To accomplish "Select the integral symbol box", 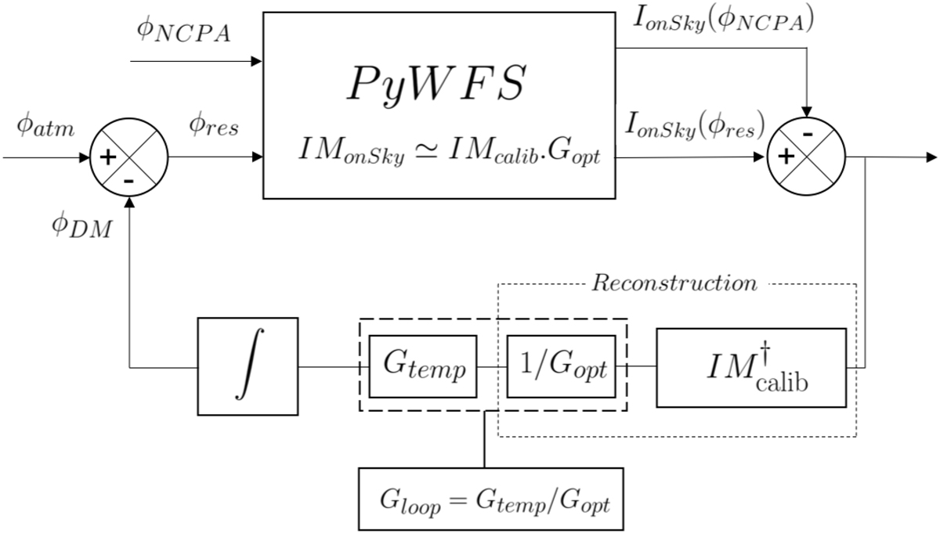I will coord(248,366).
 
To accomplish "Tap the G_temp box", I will coord(422,366).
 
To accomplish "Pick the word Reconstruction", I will coord(674,283).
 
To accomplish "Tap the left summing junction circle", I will coord(128,157).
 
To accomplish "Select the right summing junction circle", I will coord(806,157).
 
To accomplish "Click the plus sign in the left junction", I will coord(108,157).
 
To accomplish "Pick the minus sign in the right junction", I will coord(807,135).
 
